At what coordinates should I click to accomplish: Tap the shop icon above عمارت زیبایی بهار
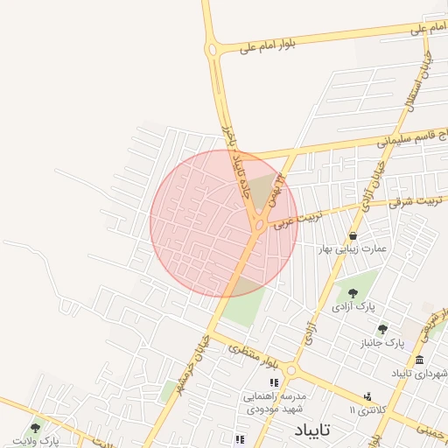pos(353,236)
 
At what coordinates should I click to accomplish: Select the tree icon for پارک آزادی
pos(353,293)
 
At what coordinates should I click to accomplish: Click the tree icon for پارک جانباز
pos(382,329)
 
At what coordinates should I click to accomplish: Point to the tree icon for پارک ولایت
pos(35,428)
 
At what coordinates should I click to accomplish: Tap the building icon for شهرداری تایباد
pos(420,360)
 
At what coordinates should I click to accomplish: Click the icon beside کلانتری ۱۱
pos(367,396)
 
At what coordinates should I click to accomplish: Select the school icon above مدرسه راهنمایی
pos(274,382)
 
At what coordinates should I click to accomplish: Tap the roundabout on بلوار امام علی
pos(213,51)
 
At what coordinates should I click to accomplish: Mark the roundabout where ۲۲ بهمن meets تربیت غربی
pos(260,226)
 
